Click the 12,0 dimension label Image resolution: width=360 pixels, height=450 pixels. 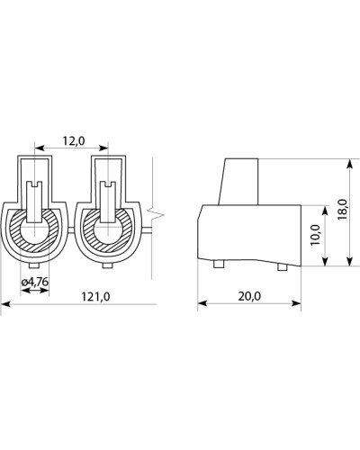[74, 140]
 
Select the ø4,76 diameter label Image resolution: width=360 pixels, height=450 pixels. [35, 282]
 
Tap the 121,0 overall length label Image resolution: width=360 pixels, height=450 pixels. [96, 297]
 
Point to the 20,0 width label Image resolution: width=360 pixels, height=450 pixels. [249, 296]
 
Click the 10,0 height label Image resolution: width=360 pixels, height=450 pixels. [316, 235]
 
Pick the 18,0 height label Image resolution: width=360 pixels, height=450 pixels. [342, 210]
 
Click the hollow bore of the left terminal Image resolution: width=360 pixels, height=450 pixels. [34, 232]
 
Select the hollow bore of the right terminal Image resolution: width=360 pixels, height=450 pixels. [108, 232]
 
